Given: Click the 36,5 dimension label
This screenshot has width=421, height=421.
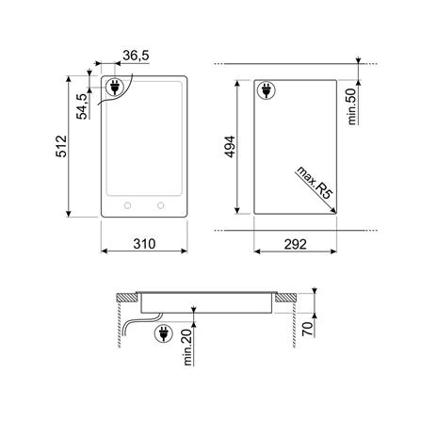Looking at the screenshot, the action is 136,56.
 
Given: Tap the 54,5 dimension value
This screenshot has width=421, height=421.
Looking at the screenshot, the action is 82,106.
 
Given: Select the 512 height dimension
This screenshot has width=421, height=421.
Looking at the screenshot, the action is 61,146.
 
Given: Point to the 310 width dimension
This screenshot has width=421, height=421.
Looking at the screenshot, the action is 144,244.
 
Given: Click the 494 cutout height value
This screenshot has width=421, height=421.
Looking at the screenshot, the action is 229,147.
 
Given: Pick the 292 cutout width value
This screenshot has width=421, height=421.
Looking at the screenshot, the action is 295,244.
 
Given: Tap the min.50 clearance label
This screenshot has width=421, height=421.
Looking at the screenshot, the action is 352,106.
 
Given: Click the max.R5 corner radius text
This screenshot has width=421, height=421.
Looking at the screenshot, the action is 314,183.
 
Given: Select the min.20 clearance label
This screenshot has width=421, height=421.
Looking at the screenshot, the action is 187,348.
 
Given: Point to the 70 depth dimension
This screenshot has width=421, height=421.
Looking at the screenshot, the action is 308,329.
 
